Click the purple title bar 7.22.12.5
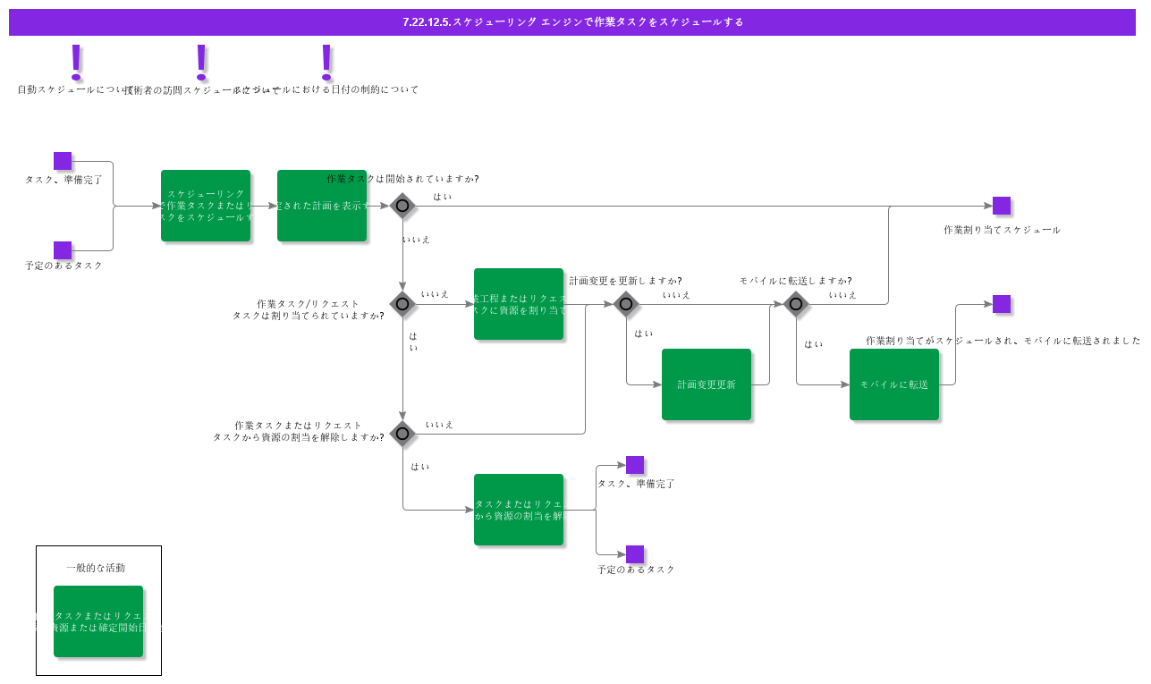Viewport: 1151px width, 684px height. pyautogui.click(x=572, y=21)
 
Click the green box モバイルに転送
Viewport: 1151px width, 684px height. pyautogui.click(x=893, y=384)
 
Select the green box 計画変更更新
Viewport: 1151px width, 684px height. pyautogui.click(x=706, y=384)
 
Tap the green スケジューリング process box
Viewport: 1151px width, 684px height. pyautogui.click(x=206, y=206)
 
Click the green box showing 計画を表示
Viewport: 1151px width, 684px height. pyautogui.click(x=321, y=206)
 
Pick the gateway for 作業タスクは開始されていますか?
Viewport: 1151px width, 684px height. pyautogui.click(x=402, y=206)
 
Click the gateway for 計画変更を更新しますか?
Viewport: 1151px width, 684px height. pyautogui.click(x=626, y=304)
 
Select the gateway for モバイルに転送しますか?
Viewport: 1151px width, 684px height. pyautogui.click(x=796, y=304)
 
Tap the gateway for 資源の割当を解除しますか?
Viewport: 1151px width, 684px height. pyautogui.click(x=402, y=434)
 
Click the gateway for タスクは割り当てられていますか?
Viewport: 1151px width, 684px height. pyautogui.click(x=402, y=304)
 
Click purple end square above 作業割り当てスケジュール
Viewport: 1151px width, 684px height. pyautogui.click(x=1002, y=206)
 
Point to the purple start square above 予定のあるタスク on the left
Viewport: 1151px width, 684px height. pyautogui.click(x=63, y=250)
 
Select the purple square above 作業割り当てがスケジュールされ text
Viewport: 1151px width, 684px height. pyautogui.click(x=1002, y=304)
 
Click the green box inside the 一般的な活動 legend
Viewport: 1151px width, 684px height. pyautogui.click(x=98, y=621)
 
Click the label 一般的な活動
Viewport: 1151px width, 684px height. pyautogui.click(x=96, y=568)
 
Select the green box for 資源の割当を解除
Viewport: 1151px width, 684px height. pyautogui.click(x=519, y=510)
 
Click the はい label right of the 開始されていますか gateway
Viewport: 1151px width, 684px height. pyautogui.click(x=443, y=197)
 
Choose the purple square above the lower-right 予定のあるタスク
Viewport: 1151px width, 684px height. pyautogui.click(x=635, y=554)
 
